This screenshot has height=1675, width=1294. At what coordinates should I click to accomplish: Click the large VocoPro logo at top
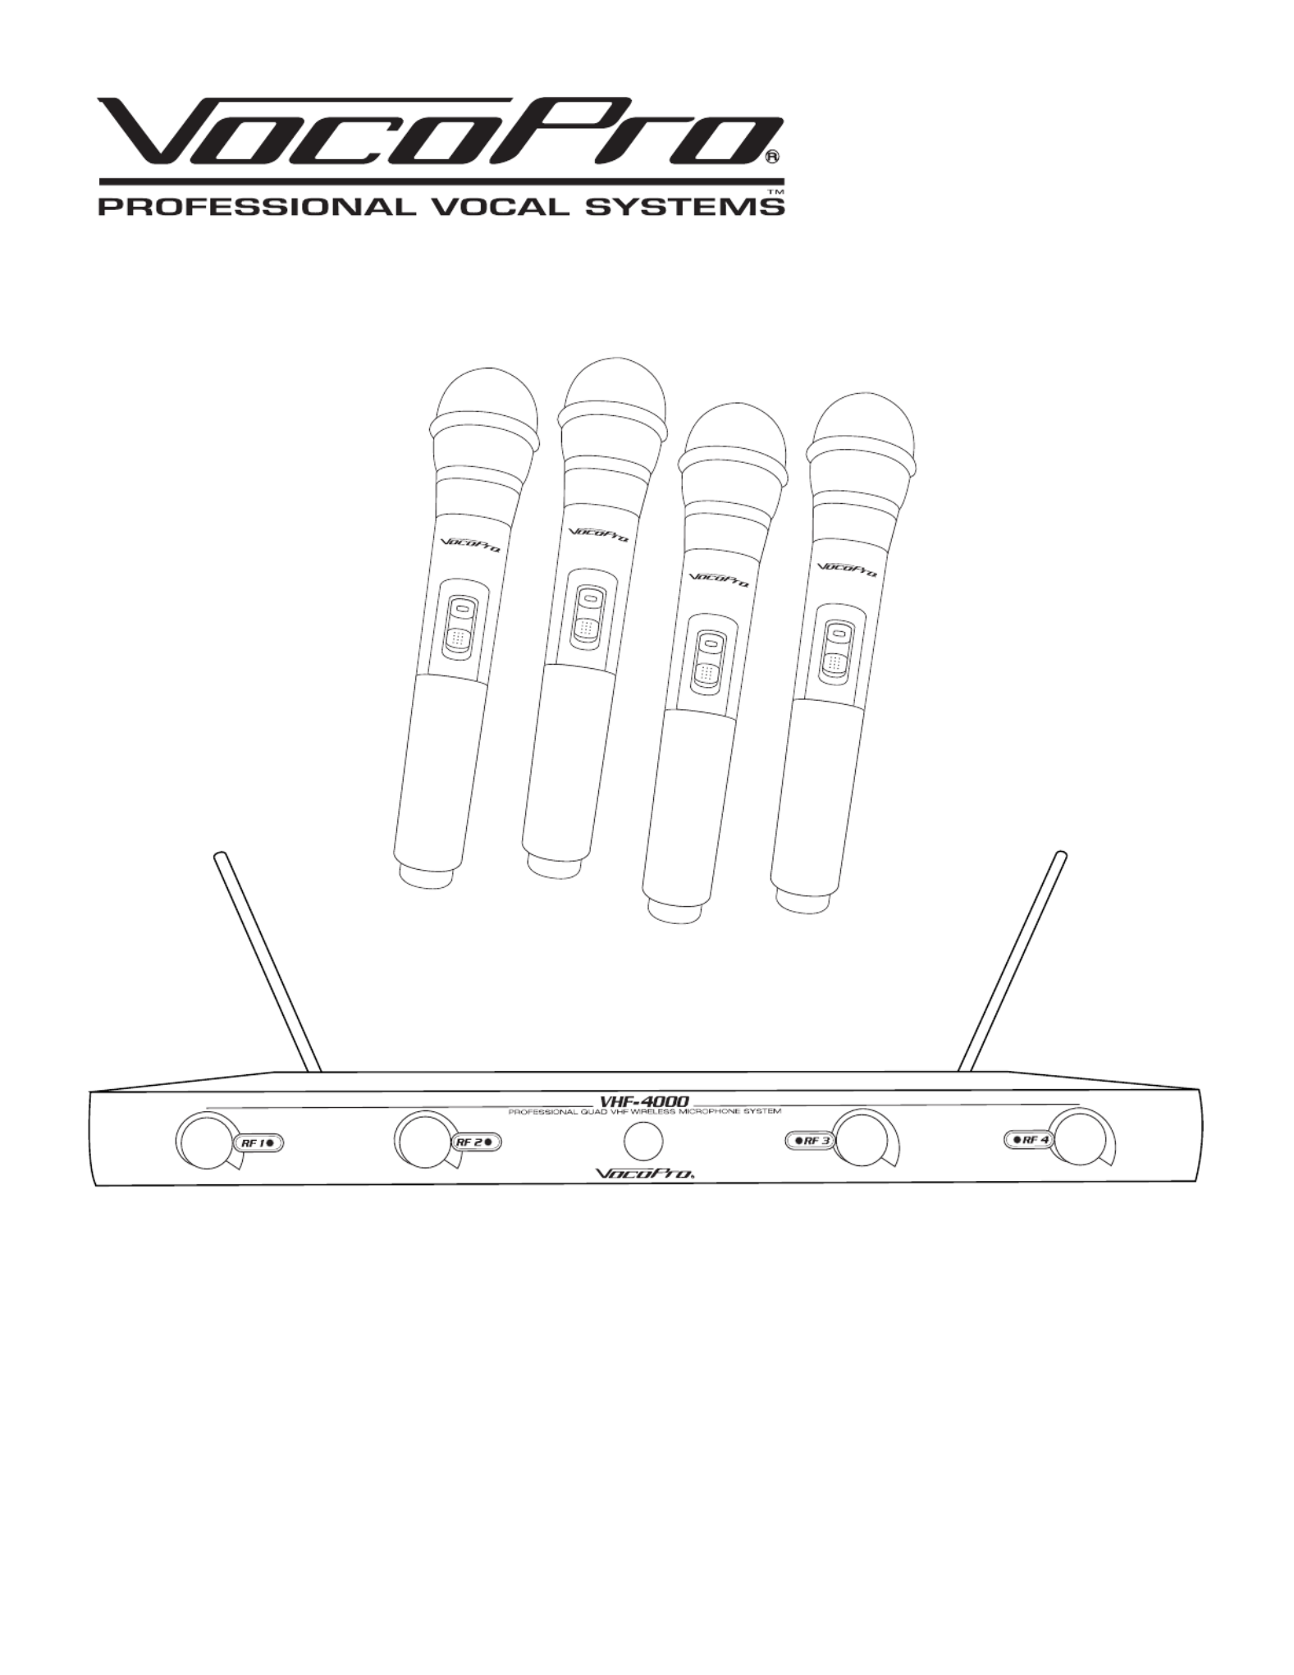click(x=440, y=131)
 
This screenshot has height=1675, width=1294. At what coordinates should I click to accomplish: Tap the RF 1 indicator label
click(x=260, y=1143)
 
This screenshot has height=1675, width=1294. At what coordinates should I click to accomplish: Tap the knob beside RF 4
click(x=1083, y=1137)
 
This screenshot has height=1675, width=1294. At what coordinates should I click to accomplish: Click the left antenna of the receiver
click(x=267, y=963)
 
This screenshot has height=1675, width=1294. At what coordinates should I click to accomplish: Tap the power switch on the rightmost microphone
click(x=837, y=647)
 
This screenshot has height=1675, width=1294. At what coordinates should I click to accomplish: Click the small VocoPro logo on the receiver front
click(x=644, y=1174)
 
